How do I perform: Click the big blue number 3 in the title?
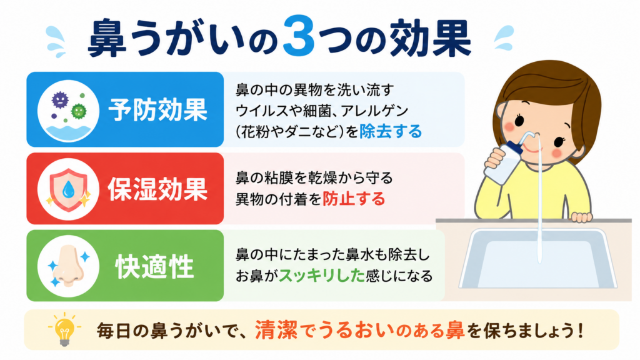[299, 36]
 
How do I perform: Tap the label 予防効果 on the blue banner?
[158, 110]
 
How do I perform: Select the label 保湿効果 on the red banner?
[158, 189]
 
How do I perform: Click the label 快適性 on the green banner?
[155, 266]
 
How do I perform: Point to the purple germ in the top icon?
[60, 99]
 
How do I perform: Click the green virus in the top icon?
[78, 111]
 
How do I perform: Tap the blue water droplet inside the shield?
[68, 189]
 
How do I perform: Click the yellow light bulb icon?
[64, 329]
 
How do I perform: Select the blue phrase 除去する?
[391, 131]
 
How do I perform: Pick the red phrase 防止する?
[354, 199]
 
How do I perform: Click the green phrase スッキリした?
[322, 276]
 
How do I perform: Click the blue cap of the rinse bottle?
[515, 147]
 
